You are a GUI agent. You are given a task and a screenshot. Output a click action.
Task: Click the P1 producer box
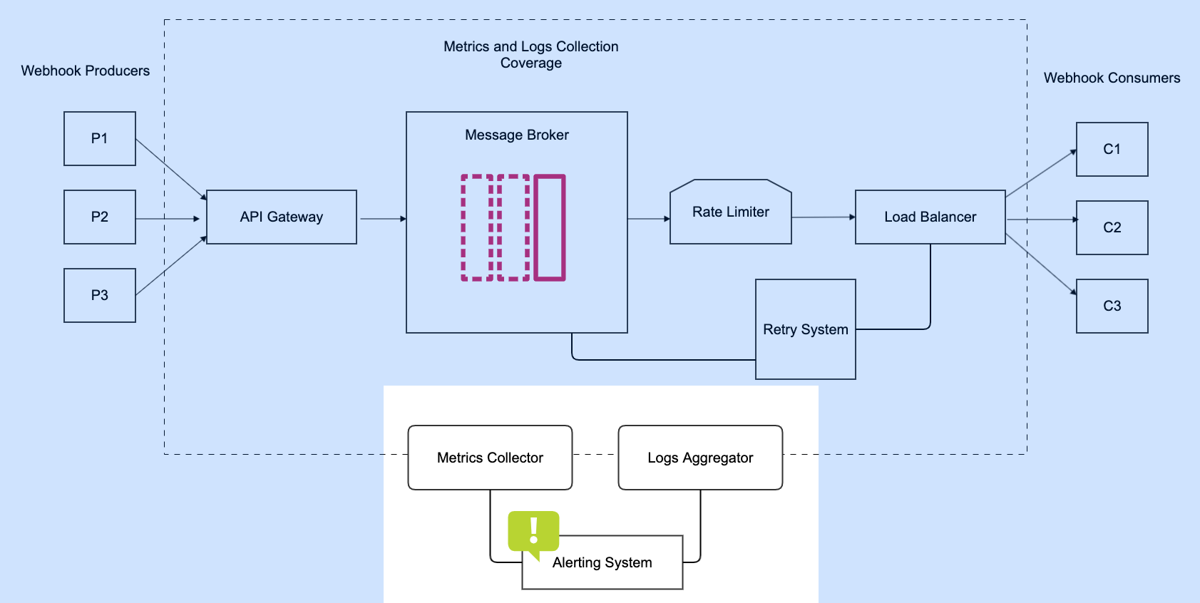coord(100,138)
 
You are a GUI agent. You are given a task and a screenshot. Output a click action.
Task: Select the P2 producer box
coord(100,217)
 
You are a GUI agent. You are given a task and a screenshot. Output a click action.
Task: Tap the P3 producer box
coord(100,295)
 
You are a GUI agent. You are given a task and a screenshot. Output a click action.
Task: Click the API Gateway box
coord(282,217)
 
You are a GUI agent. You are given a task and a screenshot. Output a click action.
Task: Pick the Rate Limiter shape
coord(731,212)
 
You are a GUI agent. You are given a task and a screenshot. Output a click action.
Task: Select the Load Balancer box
coord(930,217)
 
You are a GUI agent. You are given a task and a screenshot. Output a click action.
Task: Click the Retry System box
coord(806,329)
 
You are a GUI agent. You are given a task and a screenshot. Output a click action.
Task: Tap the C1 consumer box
coord(1112,149)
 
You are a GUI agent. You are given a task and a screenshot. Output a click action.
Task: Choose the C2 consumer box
coord(1112,227)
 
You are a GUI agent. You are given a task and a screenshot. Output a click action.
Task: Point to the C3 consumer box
coord(1112,306)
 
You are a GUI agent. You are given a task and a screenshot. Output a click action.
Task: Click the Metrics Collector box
coord(490,458)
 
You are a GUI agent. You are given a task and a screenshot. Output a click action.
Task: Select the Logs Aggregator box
coord(700,458)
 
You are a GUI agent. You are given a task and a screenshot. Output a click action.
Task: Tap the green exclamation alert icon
coord(533,532)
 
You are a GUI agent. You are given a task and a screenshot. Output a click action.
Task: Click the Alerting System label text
coord(602,562)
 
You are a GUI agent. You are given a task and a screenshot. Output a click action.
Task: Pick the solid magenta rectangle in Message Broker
coord(550,227)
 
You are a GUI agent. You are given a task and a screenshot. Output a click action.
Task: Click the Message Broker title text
coord(517,135)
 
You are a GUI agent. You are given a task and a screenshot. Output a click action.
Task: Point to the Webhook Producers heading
coord(86,71)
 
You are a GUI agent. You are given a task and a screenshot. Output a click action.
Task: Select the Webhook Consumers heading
coord(1112,78)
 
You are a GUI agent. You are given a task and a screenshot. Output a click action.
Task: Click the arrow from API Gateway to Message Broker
coord(382,219)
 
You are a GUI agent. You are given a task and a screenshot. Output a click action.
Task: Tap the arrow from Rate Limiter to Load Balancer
coord(823,217)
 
